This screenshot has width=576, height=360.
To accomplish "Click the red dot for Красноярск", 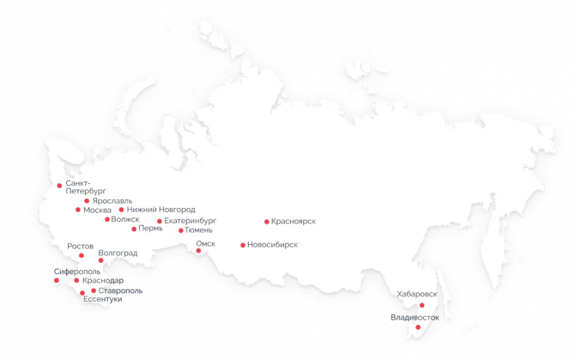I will pyautogui.click(x=267, y=221).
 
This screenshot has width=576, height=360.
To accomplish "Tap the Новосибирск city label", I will pyautogui.click(x=272, y=245).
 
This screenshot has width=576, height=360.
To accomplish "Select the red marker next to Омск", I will pyautogui.click(x=198, y=251).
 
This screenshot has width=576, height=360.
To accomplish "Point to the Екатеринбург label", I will pyautogui.click(x=190, y=221).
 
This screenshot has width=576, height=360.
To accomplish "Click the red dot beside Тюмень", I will pyautogui.click(x=181, y=230).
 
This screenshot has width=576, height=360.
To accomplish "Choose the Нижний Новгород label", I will pyautogui.click(x=161, y=209).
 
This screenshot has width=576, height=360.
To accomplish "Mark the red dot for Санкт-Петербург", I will pyautogui.click(x=60, y=185).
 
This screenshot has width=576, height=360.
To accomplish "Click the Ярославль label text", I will pyautogui.click(x=112, y=201).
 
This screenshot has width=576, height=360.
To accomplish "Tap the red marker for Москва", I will pyautogui.click(x=78, y=210).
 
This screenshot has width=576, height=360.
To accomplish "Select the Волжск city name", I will pyautogui.click(x=125, y=219).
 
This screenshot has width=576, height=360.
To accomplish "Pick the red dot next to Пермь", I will pyautogui.click(x=134, y=229).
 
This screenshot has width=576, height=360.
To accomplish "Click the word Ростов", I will pyautogui.click(x=80, y=246).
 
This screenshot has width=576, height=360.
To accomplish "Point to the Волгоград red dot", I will pyautogui.click(x=101, y=260).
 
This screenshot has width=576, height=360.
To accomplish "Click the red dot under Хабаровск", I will pyautogui.click(x=422, y=305).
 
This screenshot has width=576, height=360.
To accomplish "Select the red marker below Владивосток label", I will pyautogui.click(x=418, y=327).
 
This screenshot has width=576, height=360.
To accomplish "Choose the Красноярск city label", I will pyautogui.click(x=294, y=221).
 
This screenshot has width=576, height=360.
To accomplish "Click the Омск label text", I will pyautogui.click(x=206, y=244).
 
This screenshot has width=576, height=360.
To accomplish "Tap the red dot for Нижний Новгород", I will pyautogui.click(x=122, y=209).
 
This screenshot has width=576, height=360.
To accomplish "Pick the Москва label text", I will pyautogui.click(x=97, y=210).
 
